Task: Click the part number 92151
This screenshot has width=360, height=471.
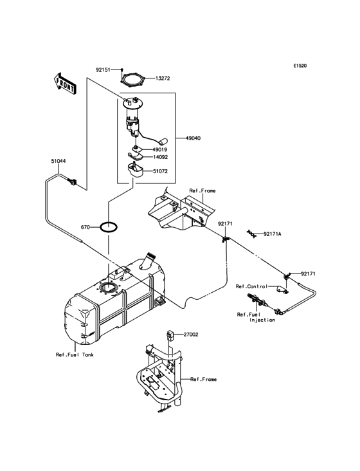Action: pos(104,68)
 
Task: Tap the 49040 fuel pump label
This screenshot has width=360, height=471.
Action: pos(195,138)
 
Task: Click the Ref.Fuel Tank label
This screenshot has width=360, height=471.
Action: pos(73,354)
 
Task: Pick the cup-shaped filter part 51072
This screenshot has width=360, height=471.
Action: pos(136,171)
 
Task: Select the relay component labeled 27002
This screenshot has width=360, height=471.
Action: pos(170,335)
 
